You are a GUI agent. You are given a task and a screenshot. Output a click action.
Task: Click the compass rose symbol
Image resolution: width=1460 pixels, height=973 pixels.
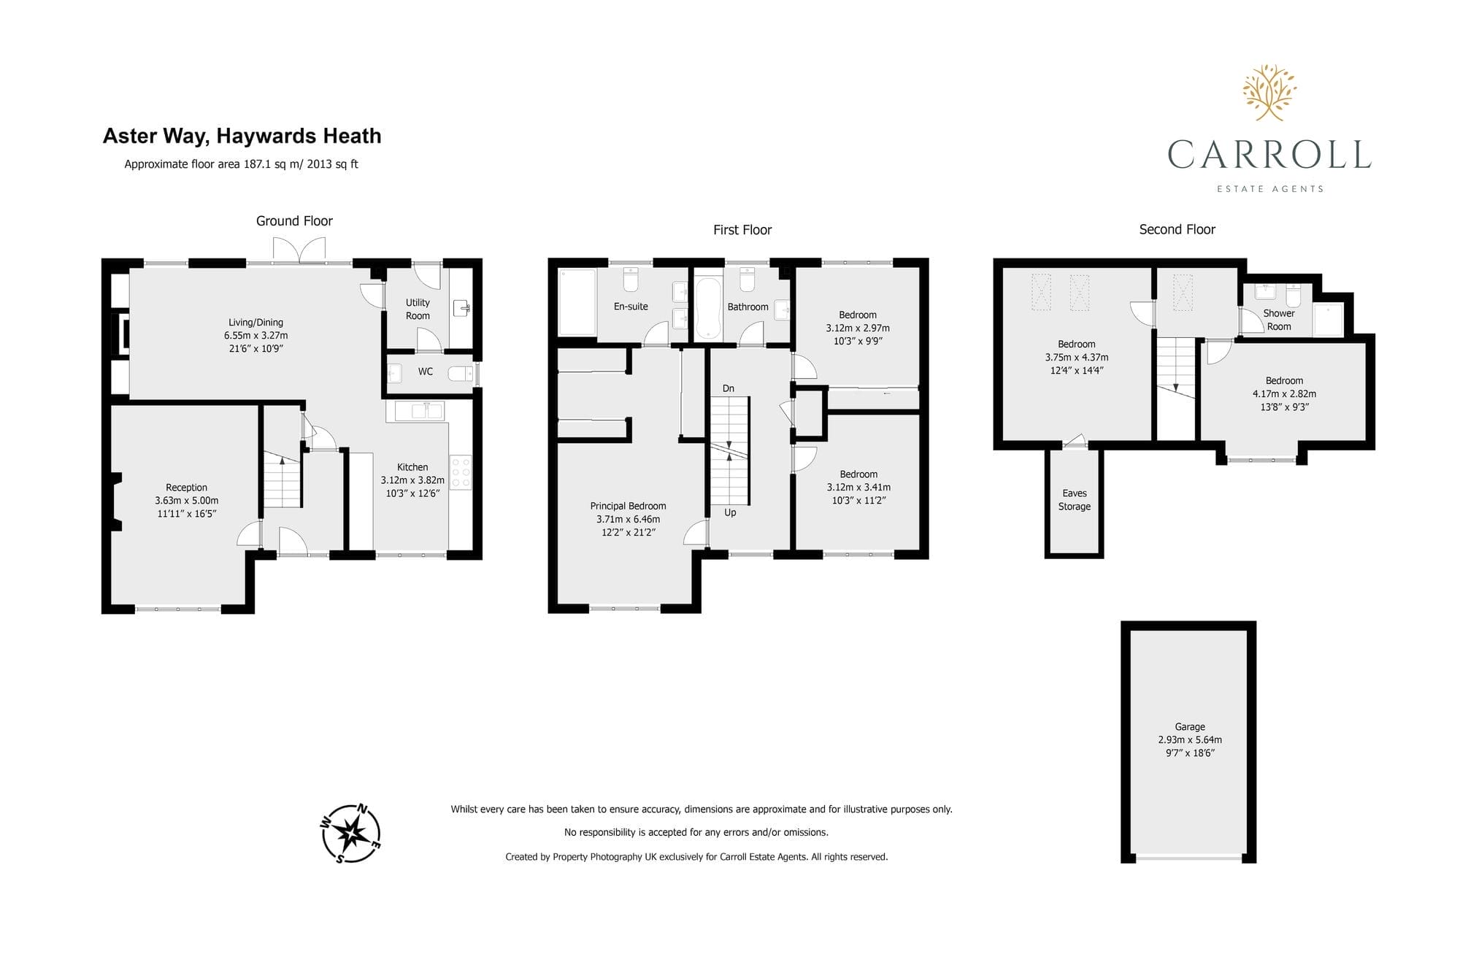tap(350, 834)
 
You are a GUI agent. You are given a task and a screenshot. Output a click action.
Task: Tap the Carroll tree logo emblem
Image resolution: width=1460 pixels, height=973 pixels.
tap(1269, 93)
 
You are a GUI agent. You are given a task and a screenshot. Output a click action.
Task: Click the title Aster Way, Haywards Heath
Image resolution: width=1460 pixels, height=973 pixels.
tap(242, 136)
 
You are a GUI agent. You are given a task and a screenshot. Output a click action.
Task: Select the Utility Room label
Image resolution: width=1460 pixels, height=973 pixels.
tap(418, 309)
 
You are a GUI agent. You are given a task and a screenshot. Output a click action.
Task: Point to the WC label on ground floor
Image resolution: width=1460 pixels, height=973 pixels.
tap(426, 372)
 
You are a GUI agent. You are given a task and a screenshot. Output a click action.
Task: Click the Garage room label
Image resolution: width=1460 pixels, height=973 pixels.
tap(1190, 726)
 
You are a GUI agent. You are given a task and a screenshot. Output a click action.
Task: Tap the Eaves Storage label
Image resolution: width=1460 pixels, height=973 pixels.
tap(1075, 500)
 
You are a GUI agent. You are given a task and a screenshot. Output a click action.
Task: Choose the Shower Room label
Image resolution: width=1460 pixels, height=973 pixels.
tap(1279, 320)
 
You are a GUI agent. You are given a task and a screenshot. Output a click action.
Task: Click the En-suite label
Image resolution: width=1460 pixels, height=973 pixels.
tap(631, 307)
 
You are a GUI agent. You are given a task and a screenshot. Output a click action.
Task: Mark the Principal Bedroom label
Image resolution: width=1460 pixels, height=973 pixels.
tap(628, 506)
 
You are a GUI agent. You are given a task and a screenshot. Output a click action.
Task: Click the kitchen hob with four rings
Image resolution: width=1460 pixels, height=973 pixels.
tap(461, 472)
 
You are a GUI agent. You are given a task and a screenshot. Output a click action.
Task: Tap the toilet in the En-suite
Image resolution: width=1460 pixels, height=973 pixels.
tap(631, 279)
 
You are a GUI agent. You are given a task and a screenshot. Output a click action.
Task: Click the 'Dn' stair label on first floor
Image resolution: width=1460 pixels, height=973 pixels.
tap(729, 388)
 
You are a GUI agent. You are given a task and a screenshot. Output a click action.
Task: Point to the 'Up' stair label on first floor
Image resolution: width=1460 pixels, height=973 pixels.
tap(730, 512)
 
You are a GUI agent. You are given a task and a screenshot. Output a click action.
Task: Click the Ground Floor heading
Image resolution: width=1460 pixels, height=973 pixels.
tap(294, 221)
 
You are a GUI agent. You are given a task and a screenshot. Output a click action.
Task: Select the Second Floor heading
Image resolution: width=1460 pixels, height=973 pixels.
tap(1177, 229)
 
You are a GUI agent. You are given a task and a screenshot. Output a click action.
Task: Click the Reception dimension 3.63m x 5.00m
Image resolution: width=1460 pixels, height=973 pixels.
tap(187, 501)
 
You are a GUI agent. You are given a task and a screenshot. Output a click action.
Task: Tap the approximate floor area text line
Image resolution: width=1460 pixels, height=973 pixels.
tap(241, 164)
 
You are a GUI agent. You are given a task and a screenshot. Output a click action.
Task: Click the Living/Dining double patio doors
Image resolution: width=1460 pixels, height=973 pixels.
tap(299, 253)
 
